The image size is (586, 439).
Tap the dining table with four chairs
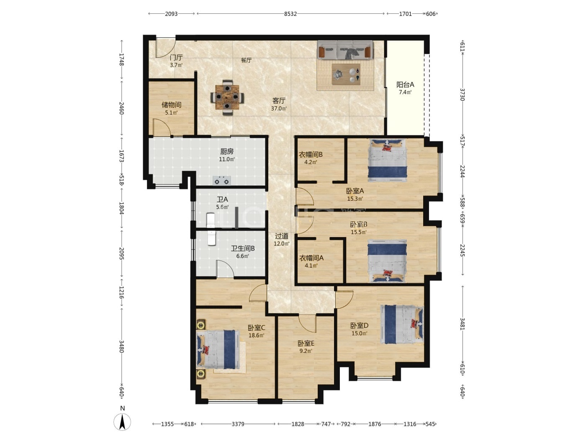227,97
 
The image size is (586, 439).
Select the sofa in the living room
345,50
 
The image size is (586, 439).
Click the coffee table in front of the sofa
346,74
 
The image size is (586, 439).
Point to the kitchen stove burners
222,181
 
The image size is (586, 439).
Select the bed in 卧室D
402,324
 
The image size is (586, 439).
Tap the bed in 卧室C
218,349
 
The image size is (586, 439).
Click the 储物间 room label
171,105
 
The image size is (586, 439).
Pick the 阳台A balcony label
405,85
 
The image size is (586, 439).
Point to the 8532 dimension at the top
290,14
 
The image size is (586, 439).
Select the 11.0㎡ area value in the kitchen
227,159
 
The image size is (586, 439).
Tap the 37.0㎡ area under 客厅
279,108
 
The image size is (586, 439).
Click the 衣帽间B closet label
311,155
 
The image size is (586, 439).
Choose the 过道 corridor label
282,236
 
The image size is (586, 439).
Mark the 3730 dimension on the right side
463,94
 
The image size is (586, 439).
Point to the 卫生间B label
243,248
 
